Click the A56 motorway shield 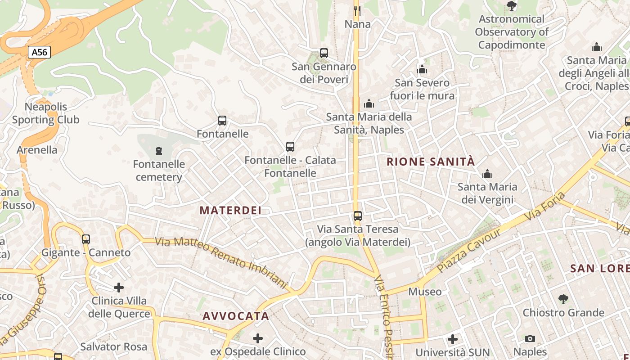pos(39,52)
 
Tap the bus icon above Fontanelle pos(222,121)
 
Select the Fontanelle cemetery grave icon pos(158,150)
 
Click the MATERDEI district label pos(230,210)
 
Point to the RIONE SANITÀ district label pos(431,162)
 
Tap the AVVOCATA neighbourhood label pos(236,316)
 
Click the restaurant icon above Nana pos(357,10)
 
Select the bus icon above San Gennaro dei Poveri pos(324,53)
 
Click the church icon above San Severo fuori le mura pos(422,70)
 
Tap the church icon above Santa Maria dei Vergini pos(487,174)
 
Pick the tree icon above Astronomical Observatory pos(511,6)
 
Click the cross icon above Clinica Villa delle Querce pos(119,287)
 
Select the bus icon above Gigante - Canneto pos(86,239)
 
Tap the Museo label pos(425,292)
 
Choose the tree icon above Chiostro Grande pos(563,299)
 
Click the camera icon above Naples pos(530,338)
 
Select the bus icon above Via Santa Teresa pos(358,216)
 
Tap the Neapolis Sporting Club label pos(45,113)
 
